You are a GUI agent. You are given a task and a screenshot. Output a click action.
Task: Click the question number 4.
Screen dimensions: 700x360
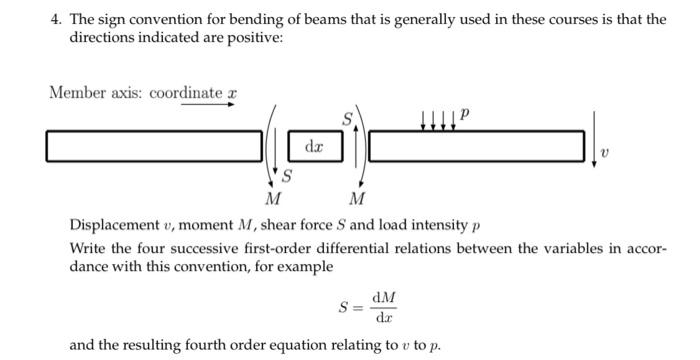point(52,19)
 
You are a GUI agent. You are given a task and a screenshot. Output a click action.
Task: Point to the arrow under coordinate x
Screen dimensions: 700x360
point(207,104)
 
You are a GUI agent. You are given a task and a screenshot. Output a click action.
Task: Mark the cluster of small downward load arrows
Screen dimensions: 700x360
point(437,121)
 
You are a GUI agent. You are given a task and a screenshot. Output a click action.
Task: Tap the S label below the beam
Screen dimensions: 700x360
point(288,178)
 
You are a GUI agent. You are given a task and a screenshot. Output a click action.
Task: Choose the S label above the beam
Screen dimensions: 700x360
point(347,119)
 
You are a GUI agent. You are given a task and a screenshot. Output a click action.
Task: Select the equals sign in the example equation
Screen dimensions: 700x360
point(357,307)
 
